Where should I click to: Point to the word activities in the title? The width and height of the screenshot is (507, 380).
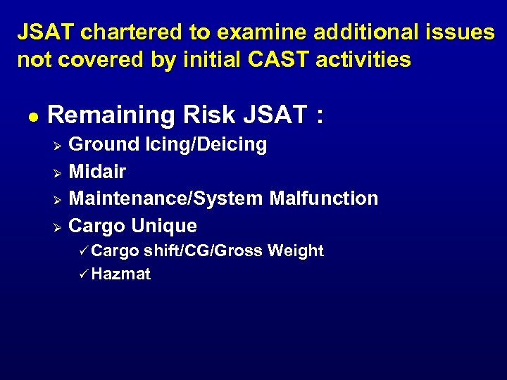point(363,60)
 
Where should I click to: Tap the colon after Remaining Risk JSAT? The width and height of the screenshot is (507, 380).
point(320,115)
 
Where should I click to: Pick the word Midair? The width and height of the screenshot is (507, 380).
point(97,172)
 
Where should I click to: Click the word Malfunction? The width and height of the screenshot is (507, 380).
point(324,198)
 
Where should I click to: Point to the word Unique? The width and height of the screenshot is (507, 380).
point(164,226)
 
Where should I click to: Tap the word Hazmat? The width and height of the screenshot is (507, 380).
point(120,274)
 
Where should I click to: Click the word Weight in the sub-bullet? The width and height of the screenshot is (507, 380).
point(296,251)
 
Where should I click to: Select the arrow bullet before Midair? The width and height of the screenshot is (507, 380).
point(58,172)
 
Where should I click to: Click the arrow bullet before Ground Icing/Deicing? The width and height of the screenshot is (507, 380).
point(58,146)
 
